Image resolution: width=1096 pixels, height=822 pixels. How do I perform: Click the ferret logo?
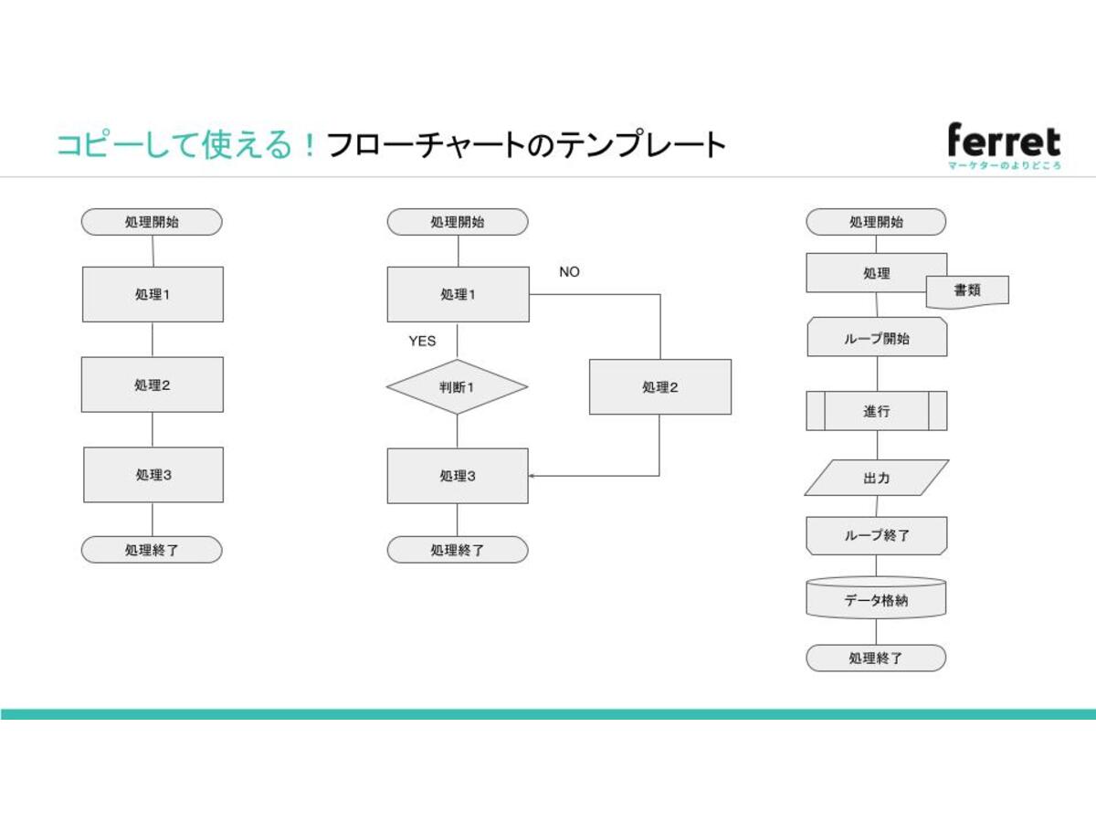pyautogui.click(x=1004, y=146)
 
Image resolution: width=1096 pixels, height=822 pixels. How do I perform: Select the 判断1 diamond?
pyautogui.click(x=457, y=386)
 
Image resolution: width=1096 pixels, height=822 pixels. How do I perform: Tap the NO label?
pyautogui.click(x=569, y=272)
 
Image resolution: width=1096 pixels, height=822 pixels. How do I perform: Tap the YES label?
pyautogui.click(x=422, y=341)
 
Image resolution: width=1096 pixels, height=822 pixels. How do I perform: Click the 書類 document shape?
pyautogui.click(x=967, y=290)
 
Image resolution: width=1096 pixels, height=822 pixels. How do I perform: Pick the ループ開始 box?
pyautogui.click(x=877, y=338)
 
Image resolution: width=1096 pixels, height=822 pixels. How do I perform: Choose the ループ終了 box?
pyautogui.click(x=877, y=535)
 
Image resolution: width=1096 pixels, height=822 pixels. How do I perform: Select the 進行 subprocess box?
pyautogui.click(x=877, y=411)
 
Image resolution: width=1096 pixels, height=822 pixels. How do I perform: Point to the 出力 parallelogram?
pyautogui.click(x=877, y=478)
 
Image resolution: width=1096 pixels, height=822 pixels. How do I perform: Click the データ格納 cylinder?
pyautogui.click(x=876, y=599)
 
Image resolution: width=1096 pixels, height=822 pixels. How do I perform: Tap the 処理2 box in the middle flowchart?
pyautogui.click(x=659, y=386)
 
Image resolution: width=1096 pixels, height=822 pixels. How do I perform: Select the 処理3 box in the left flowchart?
pyautogui.click(x=153, y=475)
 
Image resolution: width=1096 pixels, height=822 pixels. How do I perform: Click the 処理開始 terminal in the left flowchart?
pyautogui.click(x=152, y=222)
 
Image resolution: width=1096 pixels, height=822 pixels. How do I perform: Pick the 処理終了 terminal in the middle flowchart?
pyautogui.click(x=458, y=550)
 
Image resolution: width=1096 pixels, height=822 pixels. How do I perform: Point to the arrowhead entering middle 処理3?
pyautogui.click(x=532, y=476)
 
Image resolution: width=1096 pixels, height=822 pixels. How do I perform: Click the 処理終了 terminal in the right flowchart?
pyautogui.click(x=876, y=658)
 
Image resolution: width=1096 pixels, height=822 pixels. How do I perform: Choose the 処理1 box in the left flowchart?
pyautogui.click(x=153, y=294)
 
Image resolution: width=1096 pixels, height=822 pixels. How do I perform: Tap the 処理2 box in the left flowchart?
pyautogui.click(x=153, y=385)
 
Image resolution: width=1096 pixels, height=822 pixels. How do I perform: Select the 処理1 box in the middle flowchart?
pyautogui.click(x=458, y=294)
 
